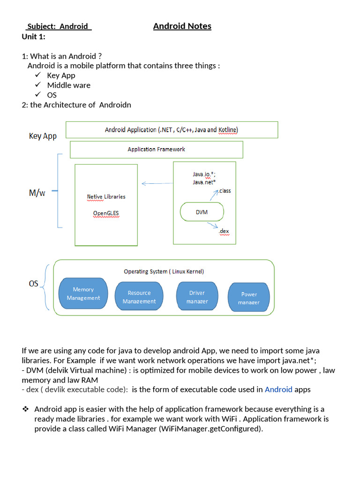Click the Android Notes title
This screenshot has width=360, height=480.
pyautogui.click(x=182, y=26)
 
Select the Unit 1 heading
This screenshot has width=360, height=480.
pyautogui.click(x=33, y=37)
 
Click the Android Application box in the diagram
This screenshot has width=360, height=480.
pyautogui.click(x=172, y=130)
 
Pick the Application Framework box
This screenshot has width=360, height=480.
pyautogui.click(x=156, y=150)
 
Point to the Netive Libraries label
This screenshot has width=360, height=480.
pyautogui.click(x=106, y=196)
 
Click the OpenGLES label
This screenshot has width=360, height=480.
pyautogui.click(x=106, y=213)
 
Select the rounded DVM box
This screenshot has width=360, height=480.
pyautogui.click(x=202, y=212)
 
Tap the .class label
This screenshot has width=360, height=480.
pyautogui.click(x=225, y=191)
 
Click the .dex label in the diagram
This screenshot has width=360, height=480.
pyautogui.click(x=224, y=231)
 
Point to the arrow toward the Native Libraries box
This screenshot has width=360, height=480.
pyautogui.click(x=157, y=183)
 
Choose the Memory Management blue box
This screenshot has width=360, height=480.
pyautogui.click(x=83, y=293)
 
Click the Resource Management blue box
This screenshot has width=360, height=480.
pyautogui.click(x=139, y=297)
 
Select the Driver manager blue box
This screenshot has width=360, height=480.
pyautogui.click(x=197, y=297)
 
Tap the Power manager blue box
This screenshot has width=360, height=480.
pyautogui.click(x=249, y=298)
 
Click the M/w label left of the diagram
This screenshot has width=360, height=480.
pyautogui.click(x=37, y=193)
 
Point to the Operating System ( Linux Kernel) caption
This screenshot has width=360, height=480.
pyautogui.click(x=164, y=271)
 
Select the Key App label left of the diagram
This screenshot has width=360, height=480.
pyautogui.click(x=43, y=136)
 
